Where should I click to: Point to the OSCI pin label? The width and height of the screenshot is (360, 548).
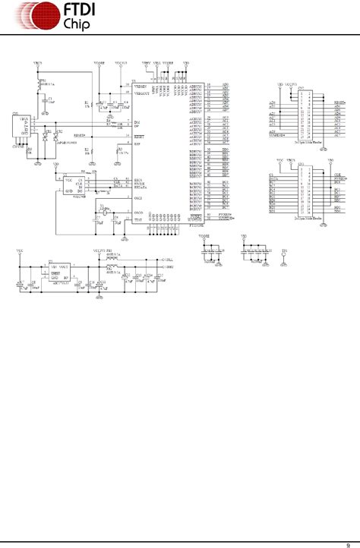click(138, 197)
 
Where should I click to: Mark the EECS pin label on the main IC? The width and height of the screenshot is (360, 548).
click(138, 179)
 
